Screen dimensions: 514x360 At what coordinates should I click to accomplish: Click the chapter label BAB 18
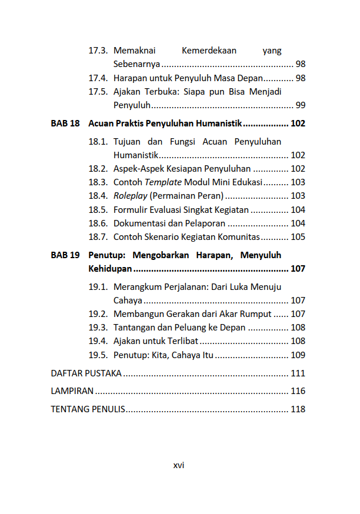pyautogui.click(x=65, y=124)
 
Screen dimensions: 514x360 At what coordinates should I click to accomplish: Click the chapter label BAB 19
pyautogui.click(x=65, y=255)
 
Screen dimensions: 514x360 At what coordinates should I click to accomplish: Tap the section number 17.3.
pyautogui.click(x=98, y=51)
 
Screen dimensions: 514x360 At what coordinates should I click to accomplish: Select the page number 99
pyautogui.click(x=300, y=105)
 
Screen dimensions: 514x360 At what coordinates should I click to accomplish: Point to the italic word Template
pyautogui.click(x=164, y=182)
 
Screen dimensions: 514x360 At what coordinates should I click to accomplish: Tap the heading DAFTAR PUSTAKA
pyautogui.click(x=86, y=373)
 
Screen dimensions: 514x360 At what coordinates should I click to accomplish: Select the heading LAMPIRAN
pyautogui.click(x=73, y=391)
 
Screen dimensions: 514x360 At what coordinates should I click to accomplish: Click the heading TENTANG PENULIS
pyautogui.click(x=88, y=409)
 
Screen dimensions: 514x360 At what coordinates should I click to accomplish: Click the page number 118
pyautogui.click(x=298, y=409)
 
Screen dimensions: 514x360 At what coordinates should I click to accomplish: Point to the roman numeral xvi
pyautogui.click(x=179, y=465)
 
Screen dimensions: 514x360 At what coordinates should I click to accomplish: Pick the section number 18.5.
pyautogui.click(x=98, y=209)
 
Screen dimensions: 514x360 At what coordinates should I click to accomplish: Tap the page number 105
pyautogui.click(x=298, y=237)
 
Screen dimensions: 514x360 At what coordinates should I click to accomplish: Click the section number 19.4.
pyautogui.click(x=98, y=341)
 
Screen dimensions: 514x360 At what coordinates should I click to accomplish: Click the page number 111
pyautogui.click(x=298, y=373)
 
